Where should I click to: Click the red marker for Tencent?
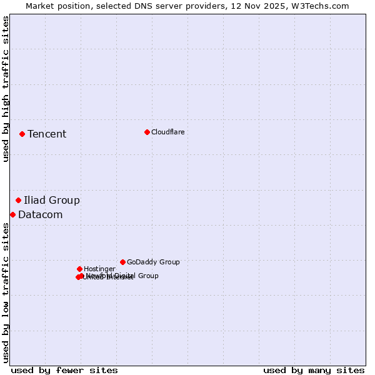tap(22, 134)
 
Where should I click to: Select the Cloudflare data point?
tap(147, 132)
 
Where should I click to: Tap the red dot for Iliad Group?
tap(18, 200)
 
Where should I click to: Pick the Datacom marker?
tap(12, 214)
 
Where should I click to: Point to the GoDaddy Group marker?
tap(122, 262)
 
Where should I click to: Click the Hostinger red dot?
tap(79, 269)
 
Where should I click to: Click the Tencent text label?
tap(47, 134)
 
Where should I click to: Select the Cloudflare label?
tap(167, 132)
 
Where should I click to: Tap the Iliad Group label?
tap(52, 200)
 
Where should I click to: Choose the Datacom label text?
tap(41, 214)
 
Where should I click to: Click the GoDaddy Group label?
tap(153, 262)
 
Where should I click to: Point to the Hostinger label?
tap(99, 269)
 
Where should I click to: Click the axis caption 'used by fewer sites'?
tap(64, 370)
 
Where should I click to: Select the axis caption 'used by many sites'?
tap(314, 370)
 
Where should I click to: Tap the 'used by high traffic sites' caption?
tap(6, 89)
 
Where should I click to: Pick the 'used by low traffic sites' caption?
tap(6, 292)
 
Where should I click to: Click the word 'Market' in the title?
tap(41, 6)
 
